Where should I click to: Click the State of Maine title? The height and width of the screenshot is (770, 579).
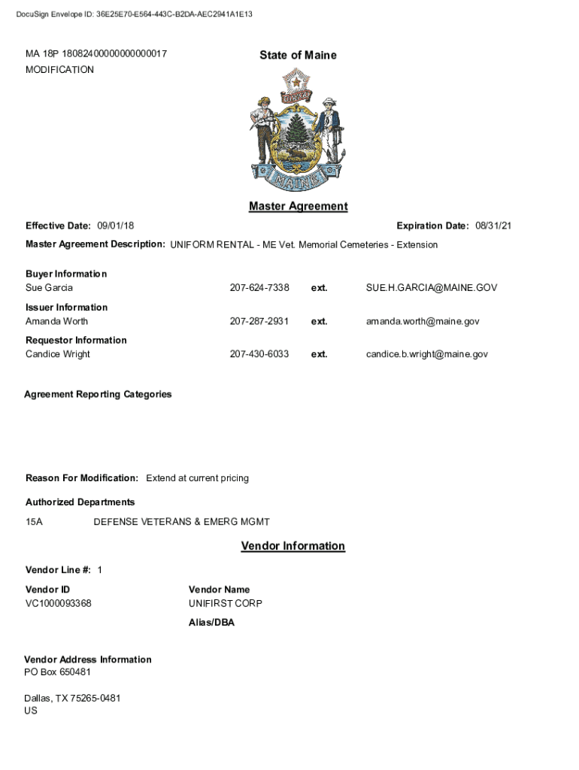point(298,55)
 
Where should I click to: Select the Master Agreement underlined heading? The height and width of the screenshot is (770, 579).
point(298,206)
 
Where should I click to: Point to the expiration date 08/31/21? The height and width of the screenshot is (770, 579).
point(493,226)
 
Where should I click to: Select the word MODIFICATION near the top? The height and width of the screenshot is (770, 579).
point(60,70)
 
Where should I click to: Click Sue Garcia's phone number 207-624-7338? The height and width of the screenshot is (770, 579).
point(259,288)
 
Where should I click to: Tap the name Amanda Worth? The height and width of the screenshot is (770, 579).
point(56,321)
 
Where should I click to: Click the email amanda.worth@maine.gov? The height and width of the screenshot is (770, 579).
point(423,321)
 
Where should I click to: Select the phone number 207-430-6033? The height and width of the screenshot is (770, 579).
point(259,353)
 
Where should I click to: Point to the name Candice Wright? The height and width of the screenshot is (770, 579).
point(58,353)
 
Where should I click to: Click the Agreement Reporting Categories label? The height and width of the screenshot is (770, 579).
point(98,394)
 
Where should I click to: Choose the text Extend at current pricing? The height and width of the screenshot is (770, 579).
point(197,478)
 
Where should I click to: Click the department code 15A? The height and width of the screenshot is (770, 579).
point(34,522)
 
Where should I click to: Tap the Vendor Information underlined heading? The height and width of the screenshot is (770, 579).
point(293,546)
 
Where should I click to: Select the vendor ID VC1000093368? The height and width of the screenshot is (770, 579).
point(59,603)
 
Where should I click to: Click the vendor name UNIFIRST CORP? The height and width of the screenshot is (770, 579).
point(225,603)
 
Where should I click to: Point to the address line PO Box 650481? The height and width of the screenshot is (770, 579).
point(57,671)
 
